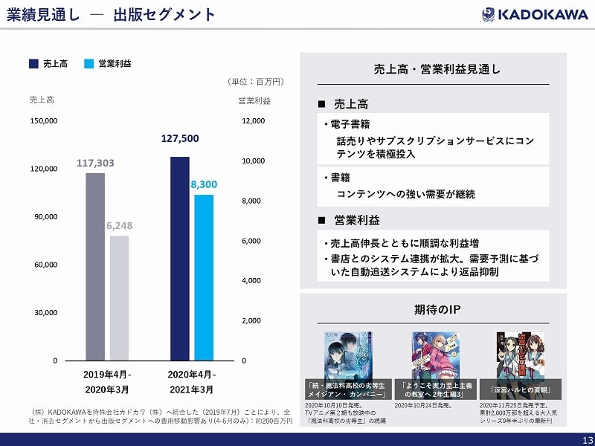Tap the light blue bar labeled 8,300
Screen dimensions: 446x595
204,277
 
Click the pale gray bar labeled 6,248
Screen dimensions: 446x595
119,297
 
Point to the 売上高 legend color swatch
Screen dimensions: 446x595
33,64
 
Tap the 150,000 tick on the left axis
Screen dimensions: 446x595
44,120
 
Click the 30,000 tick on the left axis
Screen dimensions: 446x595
46,312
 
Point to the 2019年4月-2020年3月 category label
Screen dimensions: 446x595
107,381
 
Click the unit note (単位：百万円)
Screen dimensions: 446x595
255,81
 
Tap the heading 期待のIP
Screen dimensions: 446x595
432,309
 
